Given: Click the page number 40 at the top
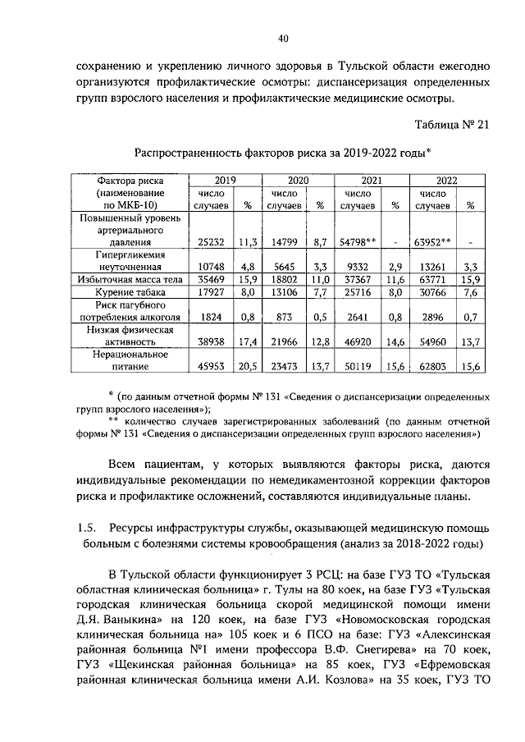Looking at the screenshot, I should (x=282, y=39).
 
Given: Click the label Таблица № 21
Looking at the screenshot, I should (x=450, y=124).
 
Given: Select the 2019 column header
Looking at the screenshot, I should (x=226, y=180).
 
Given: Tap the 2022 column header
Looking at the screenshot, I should (x=447, y=180).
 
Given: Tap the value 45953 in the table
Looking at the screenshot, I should (x=211, y=366).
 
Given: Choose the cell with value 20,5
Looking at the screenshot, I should (x=249, y=366).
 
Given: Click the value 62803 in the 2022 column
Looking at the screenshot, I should (x=432, y=366).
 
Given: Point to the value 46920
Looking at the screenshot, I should (x=359, y=341).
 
